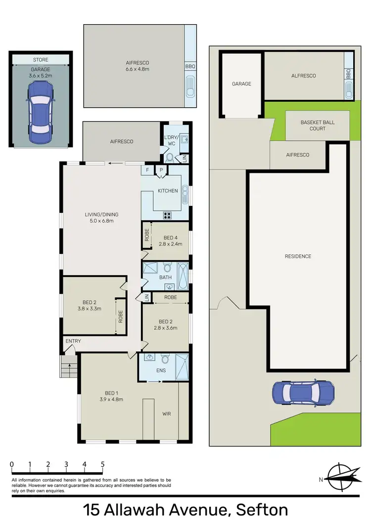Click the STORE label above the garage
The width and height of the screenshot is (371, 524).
coord(41,60)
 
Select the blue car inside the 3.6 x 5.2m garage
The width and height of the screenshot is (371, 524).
coord(41,112)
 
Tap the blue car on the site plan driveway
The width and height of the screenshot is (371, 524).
coord(303,393)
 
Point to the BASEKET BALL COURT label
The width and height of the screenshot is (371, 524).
coord(318,125)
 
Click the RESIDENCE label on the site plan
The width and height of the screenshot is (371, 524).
coord(298,256)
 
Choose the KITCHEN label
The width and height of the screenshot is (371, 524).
coord(168,191)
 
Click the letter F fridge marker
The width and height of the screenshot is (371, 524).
coord(147,170)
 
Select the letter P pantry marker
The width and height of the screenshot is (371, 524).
coord(161,170)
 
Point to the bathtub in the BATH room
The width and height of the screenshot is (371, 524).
coord(182,277)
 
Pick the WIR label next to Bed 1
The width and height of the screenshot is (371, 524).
coord(167,414)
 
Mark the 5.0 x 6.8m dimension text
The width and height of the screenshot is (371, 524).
coord(101,221)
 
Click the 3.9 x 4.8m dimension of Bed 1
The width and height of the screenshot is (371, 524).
coord(111,399)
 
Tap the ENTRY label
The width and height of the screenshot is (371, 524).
coord(73,341)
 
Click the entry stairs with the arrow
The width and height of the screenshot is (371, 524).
coord(69,368)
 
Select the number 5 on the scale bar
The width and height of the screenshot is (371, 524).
coord(102,464)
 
